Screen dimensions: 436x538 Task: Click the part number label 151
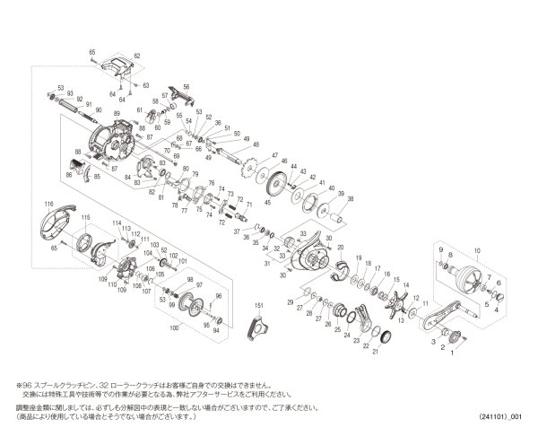pos(259,306)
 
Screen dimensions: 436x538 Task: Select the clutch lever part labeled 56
pos(179,92)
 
